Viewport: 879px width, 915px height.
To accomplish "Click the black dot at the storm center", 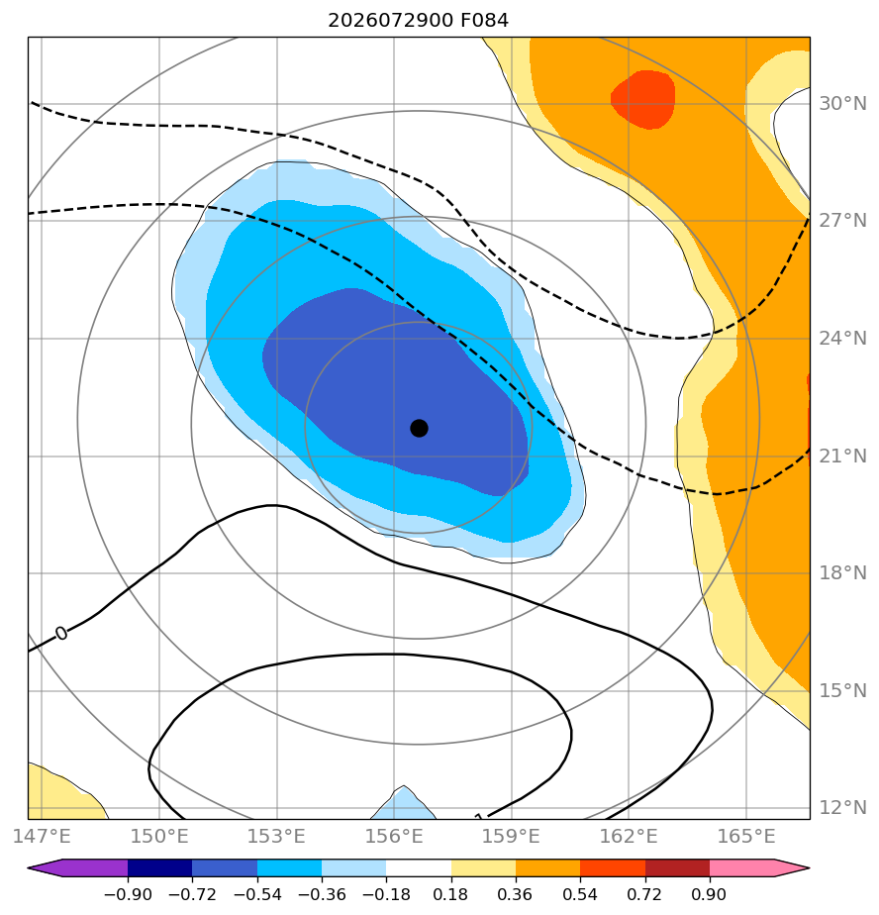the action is (419, 429).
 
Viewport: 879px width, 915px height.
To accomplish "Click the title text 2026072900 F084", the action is (418, 21).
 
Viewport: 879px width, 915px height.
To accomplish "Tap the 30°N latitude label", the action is (842, 104).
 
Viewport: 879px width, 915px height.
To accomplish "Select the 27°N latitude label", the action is (842, 221).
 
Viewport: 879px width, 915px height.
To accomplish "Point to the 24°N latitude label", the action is (842, 339).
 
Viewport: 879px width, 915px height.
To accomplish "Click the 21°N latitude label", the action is (842, 456).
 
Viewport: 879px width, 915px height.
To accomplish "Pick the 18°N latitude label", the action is (842, 573).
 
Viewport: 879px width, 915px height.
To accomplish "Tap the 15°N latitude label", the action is (842, 691).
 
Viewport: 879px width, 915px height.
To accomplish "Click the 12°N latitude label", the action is (842, 808).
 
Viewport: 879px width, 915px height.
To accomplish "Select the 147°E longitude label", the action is (42, 836).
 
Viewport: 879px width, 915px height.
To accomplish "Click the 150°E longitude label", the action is (159, 836).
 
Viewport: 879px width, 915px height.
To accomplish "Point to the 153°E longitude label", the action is (276, 836).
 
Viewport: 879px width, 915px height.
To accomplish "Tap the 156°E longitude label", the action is (394, 836).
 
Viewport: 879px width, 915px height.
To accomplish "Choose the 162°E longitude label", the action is (629, 836).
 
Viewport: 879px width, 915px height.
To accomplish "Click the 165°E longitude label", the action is (746, 836).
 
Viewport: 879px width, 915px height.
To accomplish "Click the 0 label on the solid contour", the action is (61, 633).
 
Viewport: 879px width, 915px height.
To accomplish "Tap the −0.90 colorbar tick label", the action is (128, 894).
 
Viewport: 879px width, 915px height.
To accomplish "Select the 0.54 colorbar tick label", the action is (580, 894).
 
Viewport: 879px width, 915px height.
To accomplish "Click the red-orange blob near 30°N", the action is (643, 99).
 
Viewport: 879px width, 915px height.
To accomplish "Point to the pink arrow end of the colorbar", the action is (791, 867).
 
